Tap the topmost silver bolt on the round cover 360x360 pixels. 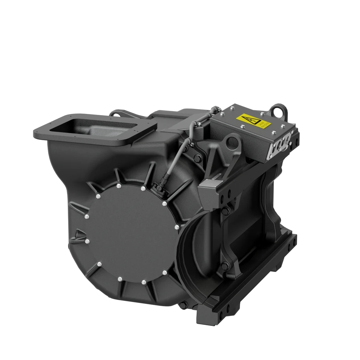118,185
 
